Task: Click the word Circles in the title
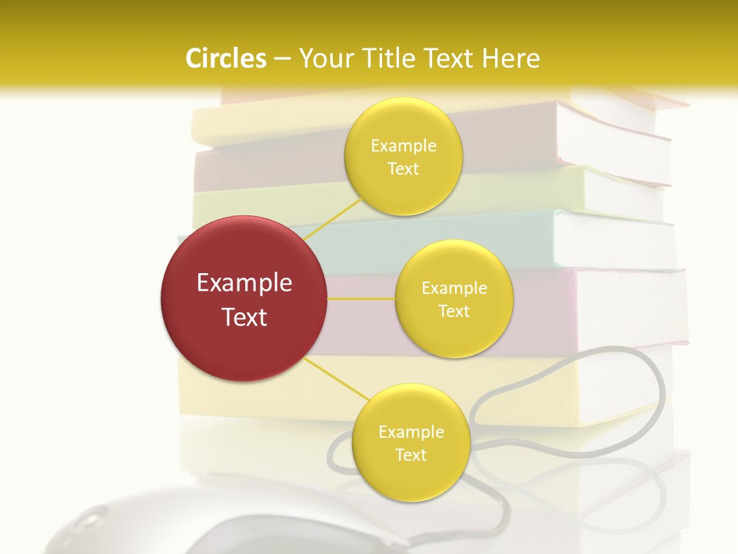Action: click(226, 58)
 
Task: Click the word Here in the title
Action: click(511, 58)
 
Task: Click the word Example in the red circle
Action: click(244, 283)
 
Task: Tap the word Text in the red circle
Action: click(244, 317)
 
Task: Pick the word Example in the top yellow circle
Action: click(403, 146)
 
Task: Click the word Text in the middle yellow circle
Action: click(454, 311)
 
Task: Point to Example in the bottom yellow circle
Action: click(411, 432)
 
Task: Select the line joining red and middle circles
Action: click(361, 298)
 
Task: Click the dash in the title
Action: click(281, 58)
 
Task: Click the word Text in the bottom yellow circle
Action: click(411, 455)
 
